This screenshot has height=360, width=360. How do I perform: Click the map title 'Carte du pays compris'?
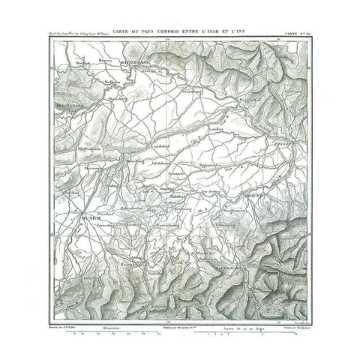180,30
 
